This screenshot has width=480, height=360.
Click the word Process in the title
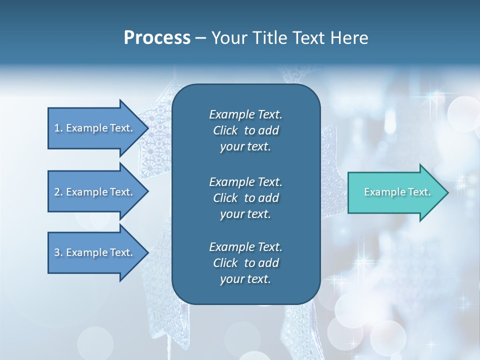157,38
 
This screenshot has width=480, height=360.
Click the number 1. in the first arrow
58,128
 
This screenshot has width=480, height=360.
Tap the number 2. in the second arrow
58,192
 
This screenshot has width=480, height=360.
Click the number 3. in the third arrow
58,252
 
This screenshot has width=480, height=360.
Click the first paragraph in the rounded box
245,130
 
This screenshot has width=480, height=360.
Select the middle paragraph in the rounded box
245,198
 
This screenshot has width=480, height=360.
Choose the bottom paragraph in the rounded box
245,263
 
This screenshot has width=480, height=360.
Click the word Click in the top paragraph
225,130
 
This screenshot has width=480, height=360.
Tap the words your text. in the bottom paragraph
245,279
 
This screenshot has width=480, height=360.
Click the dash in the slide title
200,38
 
